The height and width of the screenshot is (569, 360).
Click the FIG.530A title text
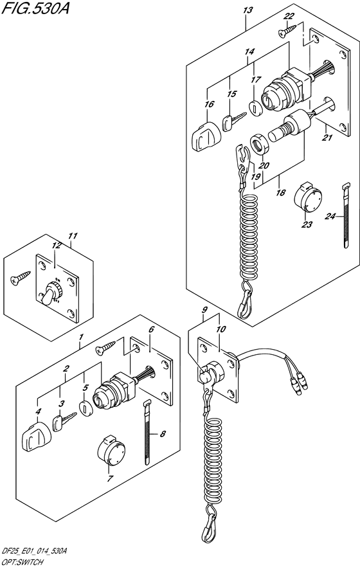[x=35, y=8]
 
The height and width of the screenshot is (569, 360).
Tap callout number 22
[x=289, y=16]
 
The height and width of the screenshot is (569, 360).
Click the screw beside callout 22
[x=287, y=30]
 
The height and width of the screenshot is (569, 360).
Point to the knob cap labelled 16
[x=204, y=137]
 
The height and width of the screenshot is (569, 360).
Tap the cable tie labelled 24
[x=346, y=215]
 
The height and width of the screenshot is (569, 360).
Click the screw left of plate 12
[x=21, y=278]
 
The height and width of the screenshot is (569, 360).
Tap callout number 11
[x=73, y=236]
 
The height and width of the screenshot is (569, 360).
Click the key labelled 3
[x=64, y=422]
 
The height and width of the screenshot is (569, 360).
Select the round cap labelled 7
[x=111, y=449]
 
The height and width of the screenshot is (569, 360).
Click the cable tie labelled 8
[x=147, y=432]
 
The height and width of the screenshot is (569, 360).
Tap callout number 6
[x=151, y=329]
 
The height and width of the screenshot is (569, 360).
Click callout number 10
[x=221, y=329]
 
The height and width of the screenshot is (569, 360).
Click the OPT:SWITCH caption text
[x=21, y=563]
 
